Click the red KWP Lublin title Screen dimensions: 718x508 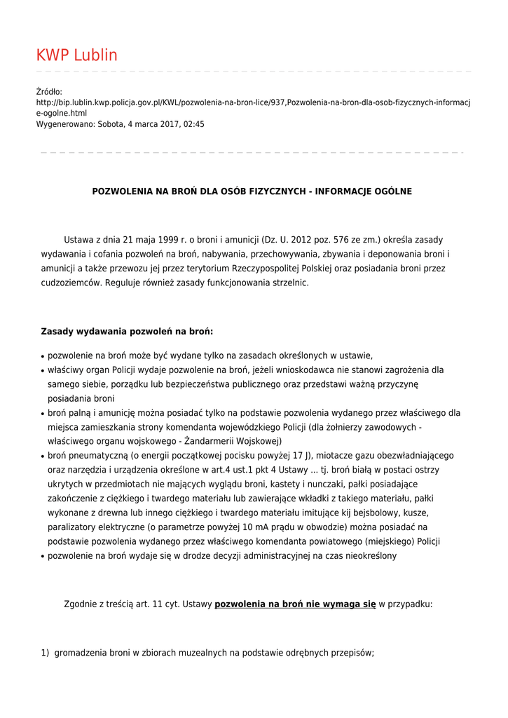point(77,55)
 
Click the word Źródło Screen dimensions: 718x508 point(49,92)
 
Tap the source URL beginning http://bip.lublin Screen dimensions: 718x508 point(253,102)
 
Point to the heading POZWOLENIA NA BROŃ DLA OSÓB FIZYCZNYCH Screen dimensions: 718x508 point(252,191)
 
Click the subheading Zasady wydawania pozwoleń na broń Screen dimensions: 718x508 point(127,331)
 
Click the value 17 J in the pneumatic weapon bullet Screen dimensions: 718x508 point(297,456)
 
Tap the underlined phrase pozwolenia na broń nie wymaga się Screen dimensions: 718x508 point(295,604)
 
